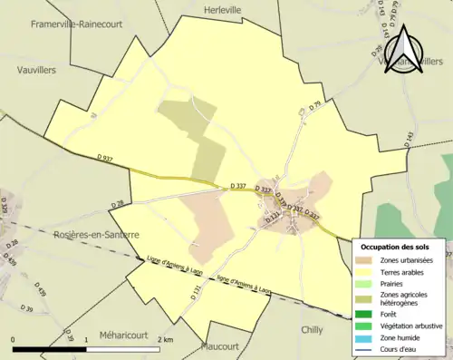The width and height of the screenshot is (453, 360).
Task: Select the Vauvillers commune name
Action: tap(37, 68)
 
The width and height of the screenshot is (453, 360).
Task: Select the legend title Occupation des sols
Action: tap(397, 247)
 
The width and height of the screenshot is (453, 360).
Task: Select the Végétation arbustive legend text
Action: tap(411, 326)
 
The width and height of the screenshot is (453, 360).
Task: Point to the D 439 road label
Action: tap(40, 292)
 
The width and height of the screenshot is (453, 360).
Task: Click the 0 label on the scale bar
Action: tap(14, 338)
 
